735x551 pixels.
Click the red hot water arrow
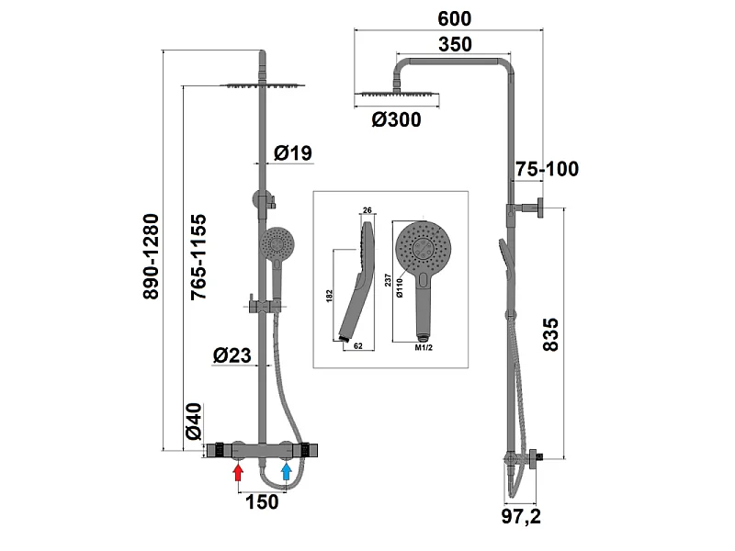239,471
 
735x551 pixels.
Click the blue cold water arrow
287,471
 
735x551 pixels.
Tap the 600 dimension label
454,18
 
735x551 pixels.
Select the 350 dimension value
455,44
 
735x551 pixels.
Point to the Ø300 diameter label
397,119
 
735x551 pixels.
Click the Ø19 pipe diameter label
293,152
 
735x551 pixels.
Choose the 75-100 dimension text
548,169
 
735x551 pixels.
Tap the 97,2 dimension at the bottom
521,516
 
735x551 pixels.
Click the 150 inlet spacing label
262,501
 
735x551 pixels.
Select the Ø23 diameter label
232,355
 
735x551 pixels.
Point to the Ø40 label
194,422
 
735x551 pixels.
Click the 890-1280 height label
151,256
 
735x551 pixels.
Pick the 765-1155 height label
198,257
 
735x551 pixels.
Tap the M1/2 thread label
424,348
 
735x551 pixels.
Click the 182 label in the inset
329,296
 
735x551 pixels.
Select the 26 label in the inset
367,210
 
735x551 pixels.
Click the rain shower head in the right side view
398,95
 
